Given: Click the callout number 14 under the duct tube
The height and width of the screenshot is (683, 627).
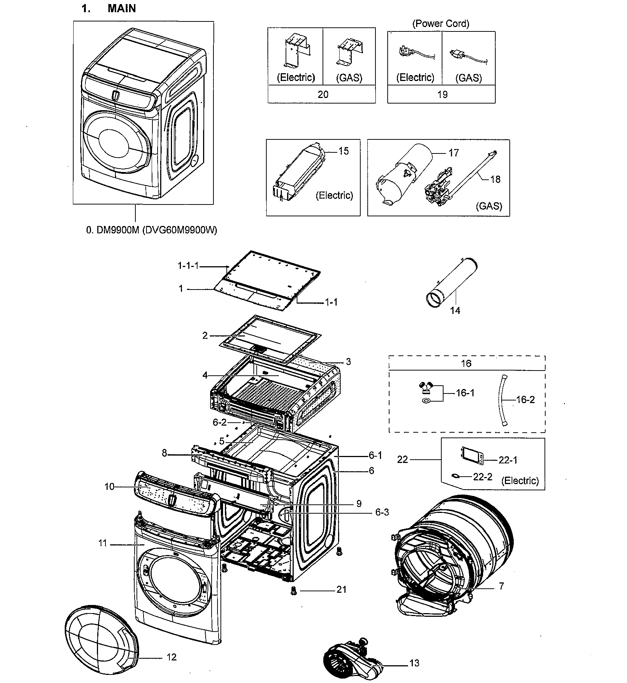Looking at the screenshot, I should (455, 311).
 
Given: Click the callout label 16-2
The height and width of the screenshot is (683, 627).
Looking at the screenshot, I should (525, 400).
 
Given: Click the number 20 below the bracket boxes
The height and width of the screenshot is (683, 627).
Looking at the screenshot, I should (323, 95).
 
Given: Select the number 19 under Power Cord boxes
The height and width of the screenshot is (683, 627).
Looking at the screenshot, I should (442, 95).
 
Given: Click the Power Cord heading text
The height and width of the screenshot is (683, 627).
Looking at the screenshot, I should (441, 24).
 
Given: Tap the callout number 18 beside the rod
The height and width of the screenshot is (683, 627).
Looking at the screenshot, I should (495, 179).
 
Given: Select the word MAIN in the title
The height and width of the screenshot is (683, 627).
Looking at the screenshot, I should (122, 9).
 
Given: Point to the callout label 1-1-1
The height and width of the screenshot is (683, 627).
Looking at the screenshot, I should (188, 266).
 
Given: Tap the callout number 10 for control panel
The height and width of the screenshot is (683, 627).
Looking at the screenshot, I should (109, 487).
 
